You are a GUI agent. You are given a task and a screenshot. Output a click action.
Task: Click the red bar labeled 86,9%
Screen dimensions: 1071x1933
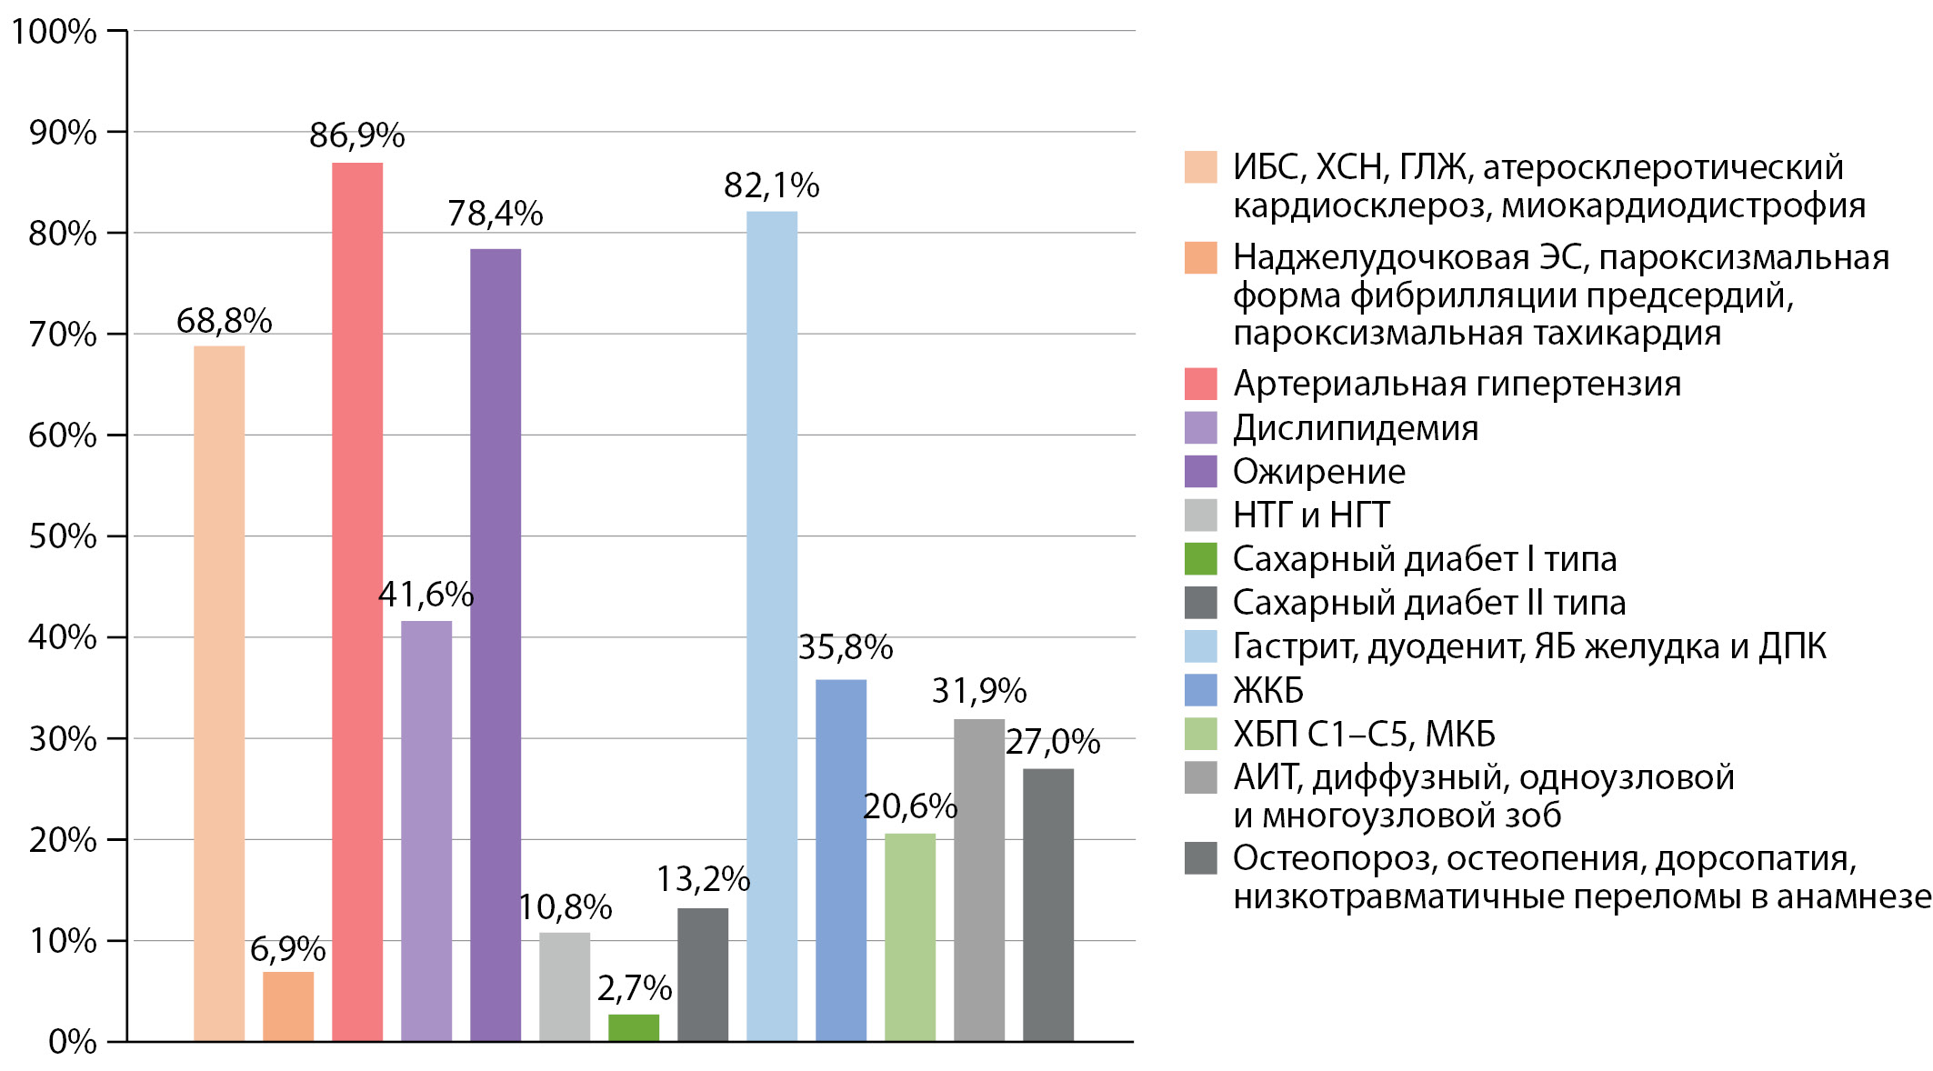(x=357, y=600)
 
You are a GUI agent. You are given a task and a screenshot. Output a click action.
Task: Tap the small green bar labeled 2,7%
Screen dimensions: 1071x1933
(x=634, y=1027)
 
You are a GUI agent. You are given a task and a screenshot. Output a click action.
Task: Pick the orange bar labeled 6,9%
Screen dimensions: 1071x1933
(x=288, y=1006)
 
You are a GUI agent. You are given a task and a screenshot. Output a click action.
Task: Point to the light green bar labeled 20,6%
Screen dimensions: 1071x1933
(x=910, y=936)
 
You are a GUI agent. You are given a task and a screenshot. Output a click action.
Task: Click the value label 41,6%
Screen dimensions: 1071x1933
(x=426, y=595)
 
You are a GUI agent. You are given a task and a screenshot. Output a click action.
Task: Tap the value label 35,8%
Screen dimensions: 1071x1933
(x=846, y=647)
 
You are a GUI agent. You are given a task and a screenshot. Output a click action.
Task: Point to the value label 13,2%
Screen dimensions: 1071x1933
(x=703, y=879)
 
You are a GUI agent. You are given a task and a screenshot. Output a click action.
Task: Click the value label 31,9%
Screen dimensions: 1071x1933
(x=979, y=691)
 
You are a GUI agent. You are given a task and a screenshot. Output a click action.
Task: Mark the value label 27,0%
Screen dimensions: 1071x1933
(x=1053, y=742)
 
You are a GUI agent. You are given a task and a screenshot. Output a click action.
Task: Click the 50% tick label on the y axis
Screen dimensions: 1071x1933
(x=63, y=536)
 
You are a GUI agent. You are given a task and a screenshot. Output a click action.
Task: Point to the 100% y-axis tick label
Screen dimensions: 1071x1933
(x=54, y=32)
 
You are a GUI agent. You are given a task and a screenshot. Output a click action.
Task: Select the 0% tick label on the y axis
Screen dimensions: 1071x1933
(x=73, y=1042)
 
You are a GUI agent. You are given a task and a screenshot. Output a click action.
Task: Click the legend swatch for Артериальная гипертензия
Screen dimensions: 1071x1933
(x=1200, y=384)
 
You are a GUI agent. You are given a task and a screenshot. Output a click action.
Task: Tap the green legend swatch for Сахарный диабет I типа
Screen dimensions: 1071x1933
(x=1200, y=559)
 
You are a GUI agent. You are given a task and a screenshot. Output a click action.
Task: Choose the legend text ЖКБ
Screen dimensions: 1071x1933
(x=1268, y=691)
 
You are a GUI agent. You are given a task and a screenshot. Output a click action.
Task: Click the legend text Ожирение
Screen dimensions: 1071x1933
(x=1319, y=472)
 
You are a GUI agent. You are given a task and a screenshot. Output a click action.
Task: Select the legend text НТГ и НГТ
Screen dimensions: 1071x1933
(x=1311, y=515)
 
